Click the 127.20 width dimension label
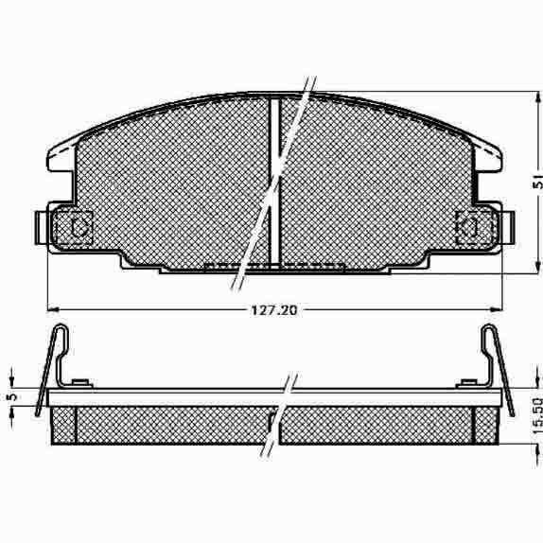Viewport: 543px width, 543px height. click(x=274, y=310)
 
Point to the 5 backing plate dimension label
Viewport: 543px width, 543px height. click(x=12, y=396)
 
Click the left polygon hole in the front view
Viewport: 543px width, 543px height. click(x=79, y=227)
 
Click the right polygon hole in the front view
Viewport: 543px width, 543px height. click(x=467, y=227)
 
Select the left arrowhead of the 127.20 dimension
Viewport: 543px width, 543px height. click(x=53, y=308)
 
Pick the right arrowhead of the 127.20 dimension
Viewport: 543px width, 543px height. click(x=496, y=308)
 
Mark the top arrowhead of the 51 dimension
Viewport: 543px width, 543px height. click(x=537, y=97)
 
